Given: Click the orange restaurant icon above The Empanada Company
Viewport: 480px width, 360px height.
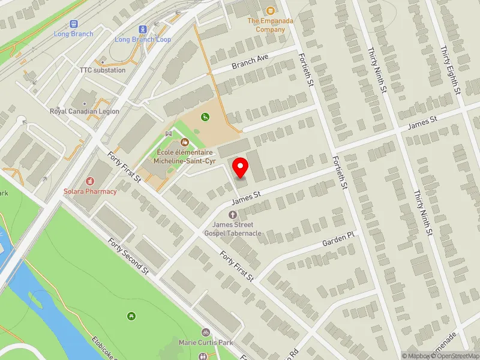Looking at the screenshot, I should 270,10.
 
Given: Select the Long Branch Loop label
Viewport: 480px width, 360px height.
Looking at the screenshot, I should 143,40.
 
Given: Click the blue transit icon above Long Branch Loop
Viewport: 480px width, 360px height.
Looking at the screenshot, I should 143,29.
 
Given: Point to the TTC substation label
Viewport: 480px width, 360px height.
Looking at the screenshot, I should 103,70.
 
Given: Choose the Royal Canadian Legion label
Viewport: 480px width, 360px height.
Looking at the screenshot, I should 84,112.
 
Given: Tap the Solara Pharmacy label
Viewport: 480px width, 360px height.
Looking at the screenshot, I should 90,191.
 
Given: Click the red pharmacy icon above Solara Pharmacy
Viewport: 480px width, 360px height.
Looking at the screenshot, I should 90,181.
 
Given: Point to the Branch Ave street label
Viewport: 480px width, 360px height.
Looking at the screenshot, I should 250,61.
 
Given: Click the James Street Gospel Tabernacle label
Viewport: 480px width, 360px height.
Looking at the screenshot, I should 233,229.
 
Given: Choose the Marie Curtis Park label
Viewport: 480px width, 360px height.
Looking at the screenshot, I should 205,343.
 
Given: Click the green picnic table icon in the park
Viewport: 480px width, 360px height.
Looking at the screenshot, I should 131,316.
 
